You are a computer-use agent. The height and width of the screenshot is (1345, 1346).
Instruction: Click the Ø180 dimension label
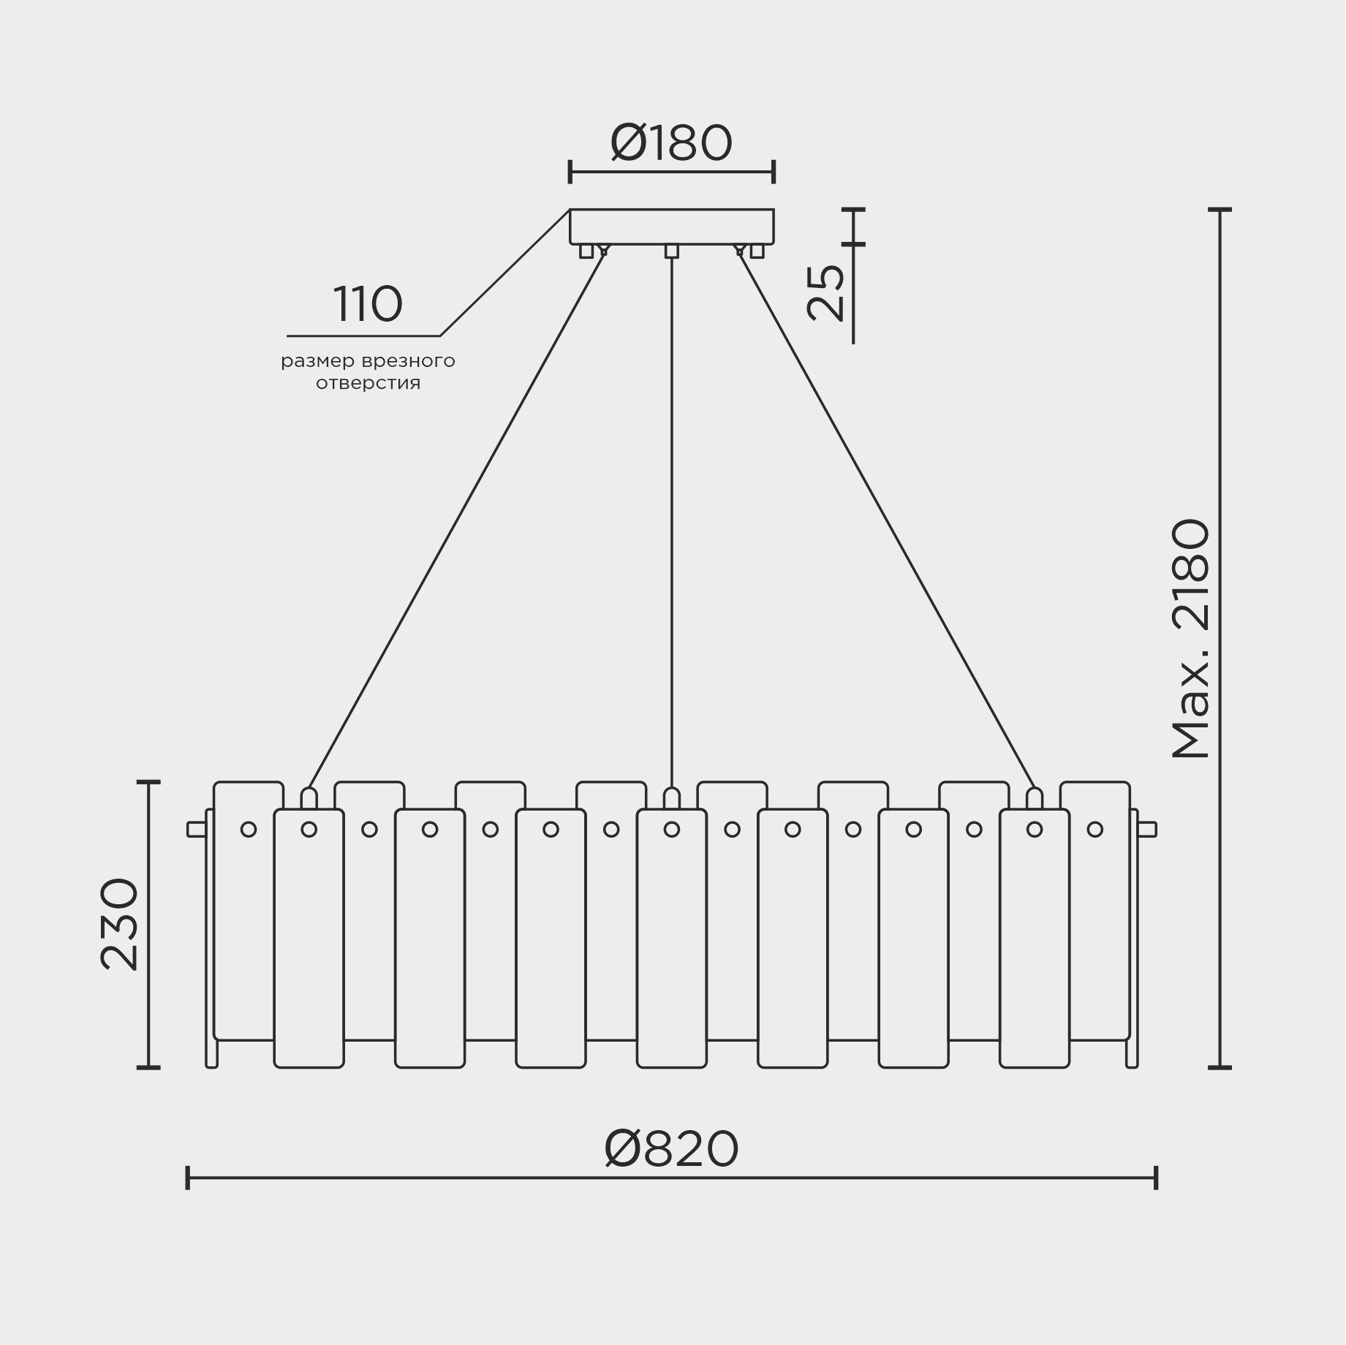click(x=671, y=144)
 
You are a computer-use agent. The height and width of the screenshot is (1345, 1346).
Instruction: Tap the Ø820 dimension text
click(x=671, y=1149)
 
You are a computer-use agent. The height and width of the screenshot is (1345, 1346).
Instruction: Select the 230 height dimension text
click(x=120, y=924)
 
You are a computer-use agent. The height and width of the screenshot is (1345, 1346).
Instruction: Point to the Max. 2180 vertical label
click(x=1192, y=640)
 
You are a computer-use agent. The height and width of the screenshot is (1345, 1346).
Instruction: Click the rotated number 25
click(x=827, y=292)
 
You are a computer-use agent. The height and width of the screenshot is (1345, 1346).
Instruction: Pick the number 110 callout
click(x=368, y=305)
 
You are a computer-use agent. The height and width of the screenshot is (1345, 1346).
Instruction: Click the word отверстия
click(x=368, y=383)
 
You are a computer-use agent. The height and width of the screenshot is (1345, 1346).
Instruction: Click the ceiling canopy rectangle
click(x=671, y=227)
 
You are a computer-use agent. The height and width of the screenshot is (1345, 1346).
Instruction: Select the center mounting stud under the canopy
click(x=671, y=251)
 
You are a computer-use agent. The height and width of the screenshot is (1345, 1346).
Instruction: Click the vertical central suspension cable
click(x=671, y=512)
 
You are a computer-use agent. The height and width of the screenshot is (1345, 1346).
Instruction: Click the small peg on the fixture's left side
click(x=195, y=829)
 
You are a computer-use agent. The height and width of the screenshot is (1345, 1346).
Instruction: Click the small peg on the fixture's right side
click(x=1148, y=829)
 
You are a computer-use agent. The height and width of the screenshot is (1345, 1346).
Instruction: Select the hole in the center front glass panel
click(x=671, y=829)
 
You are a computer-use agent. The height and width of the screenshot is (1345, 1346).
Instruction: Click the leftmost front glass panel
click(x=309, y=950)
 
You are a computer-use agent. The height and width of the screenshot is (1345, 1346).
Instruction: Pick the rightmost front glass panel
click(x=1034, y=950)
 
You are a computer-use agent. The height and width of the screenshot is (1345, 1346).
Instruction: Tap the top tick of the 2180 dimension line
click(x=1219, y=210)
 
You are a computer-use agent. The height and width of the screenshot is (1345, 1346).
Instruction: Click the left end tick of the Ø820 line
click(x=188, y=1178)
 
